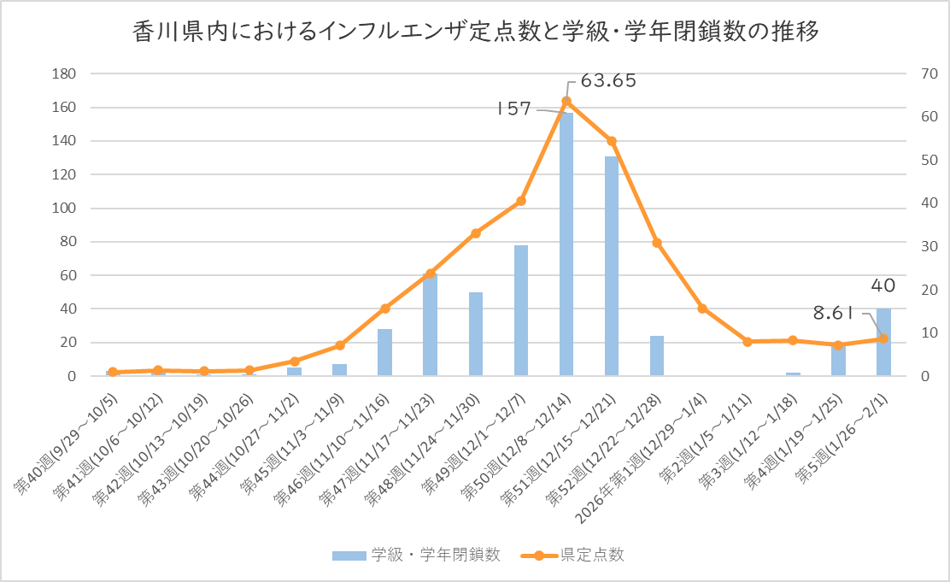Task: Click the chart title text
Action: [476, 32]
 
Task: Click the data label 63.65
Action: [608, 81]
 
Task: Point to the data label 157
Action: [514, 109]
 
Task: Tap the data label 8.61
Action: [834, 313]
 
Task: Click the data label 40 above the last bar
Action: [883, 285]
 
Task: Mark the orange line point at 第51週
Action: [612, 141]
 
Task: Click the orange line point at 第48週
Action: [476, 233]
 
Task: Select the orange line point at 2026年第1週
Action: [702, 309]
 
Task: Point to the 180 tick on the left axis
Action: [66, 74]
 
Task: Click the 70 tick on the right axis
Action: [924, 74]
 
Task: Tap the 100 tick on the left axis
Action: [66, 209]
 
